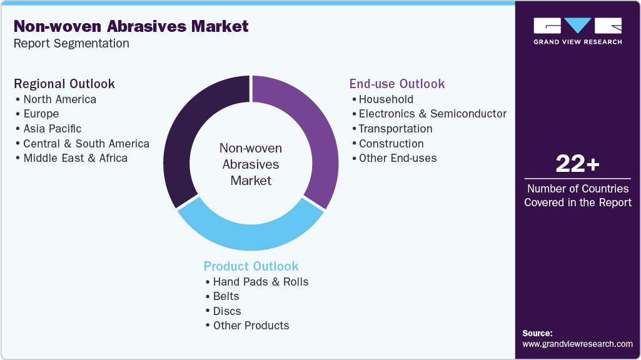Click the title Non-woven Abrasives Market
click(x=131, y=26)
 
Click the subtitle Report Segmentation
click(x=71, y=44)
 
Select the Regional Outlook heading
click(x=64, y=84)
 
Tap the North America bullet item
click(x=59, y=99)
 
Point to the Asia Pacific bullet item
click(x=53, y=129)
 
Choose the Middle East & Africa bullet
click(x=75, y=158)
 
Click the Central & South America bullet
click(x=86, y=144)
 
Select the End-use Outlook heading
click(x=397, y=84)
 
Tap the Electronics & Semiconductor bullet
click(x=432, y=114)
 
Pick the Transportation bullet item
click(x=395, y=129)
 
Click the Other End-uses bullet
click(x=398, y=158)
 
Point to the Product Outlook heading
click(x=251, y=266)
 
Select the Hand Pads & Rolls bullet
click(x=261, y=282)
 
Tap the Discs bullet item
click(x=227, y=311)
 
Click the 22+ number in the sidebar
click(x=577, y=164)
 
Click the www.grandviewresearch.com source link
click(x=577, y=344)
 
